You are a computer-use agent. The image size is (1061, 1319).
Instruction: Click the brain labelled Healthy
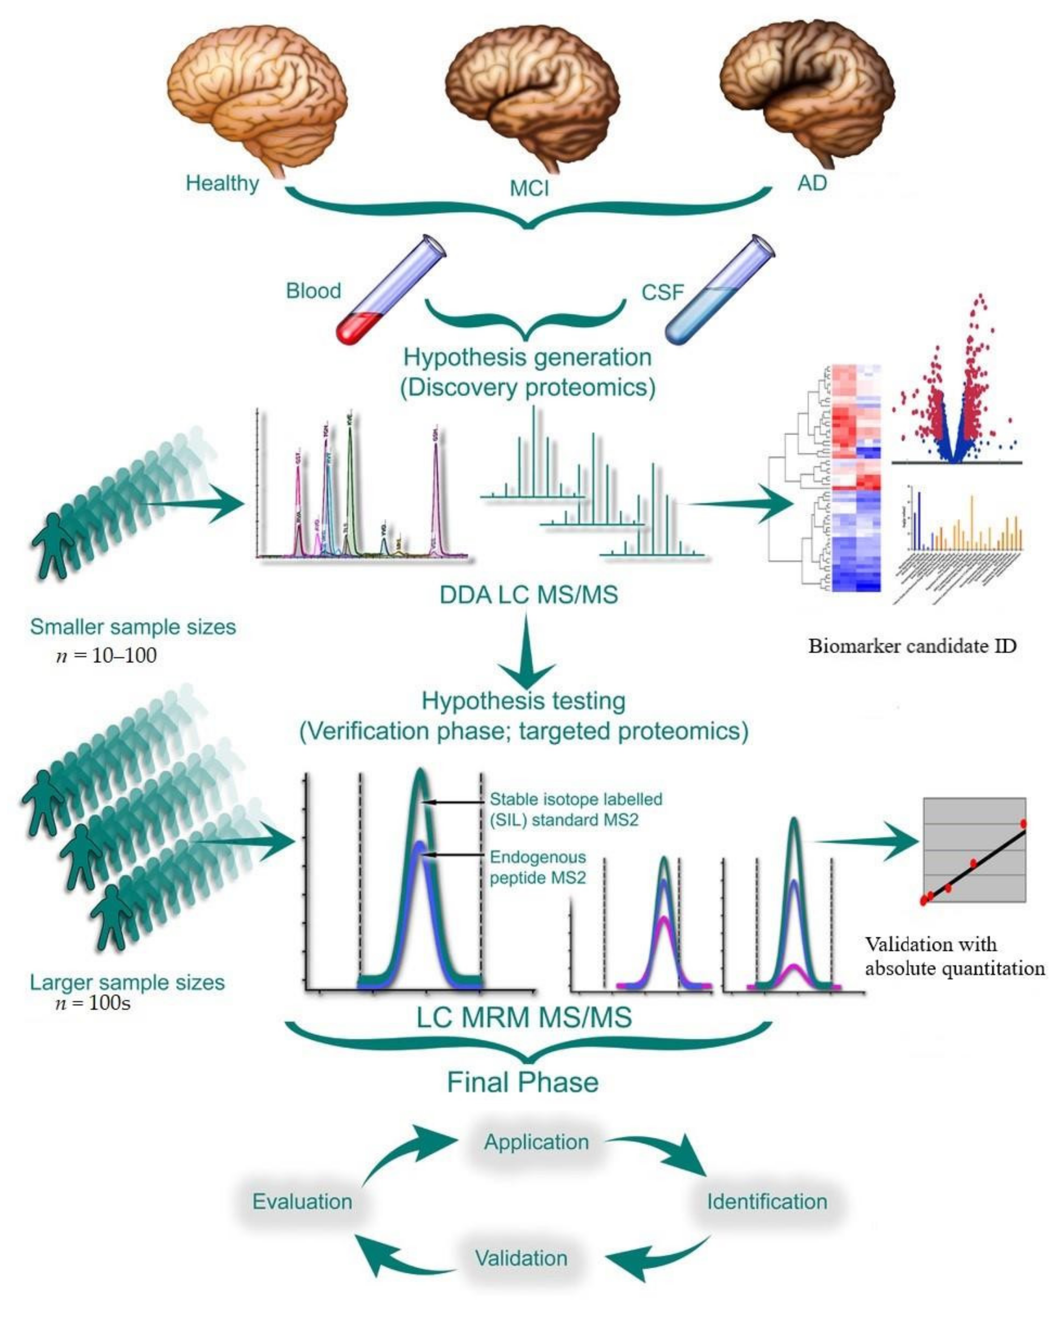point(257,98)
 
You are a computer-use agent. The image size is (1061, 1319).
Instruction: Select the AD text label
point(812,183)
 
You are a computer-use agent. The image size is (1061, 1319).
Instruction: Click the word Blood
point(313,291)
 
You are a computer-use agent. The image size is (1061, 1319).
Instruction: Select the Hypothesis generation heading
point(528,357)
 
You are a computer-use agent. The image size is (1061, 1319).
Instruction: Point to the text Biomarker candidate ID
point(912,646)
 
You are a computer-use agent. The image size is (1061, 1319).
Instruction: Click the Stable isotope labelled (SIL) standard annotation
point(575,809)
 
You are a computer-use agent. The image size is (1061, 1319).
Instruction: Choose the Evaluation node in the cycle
point(302,1201)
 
